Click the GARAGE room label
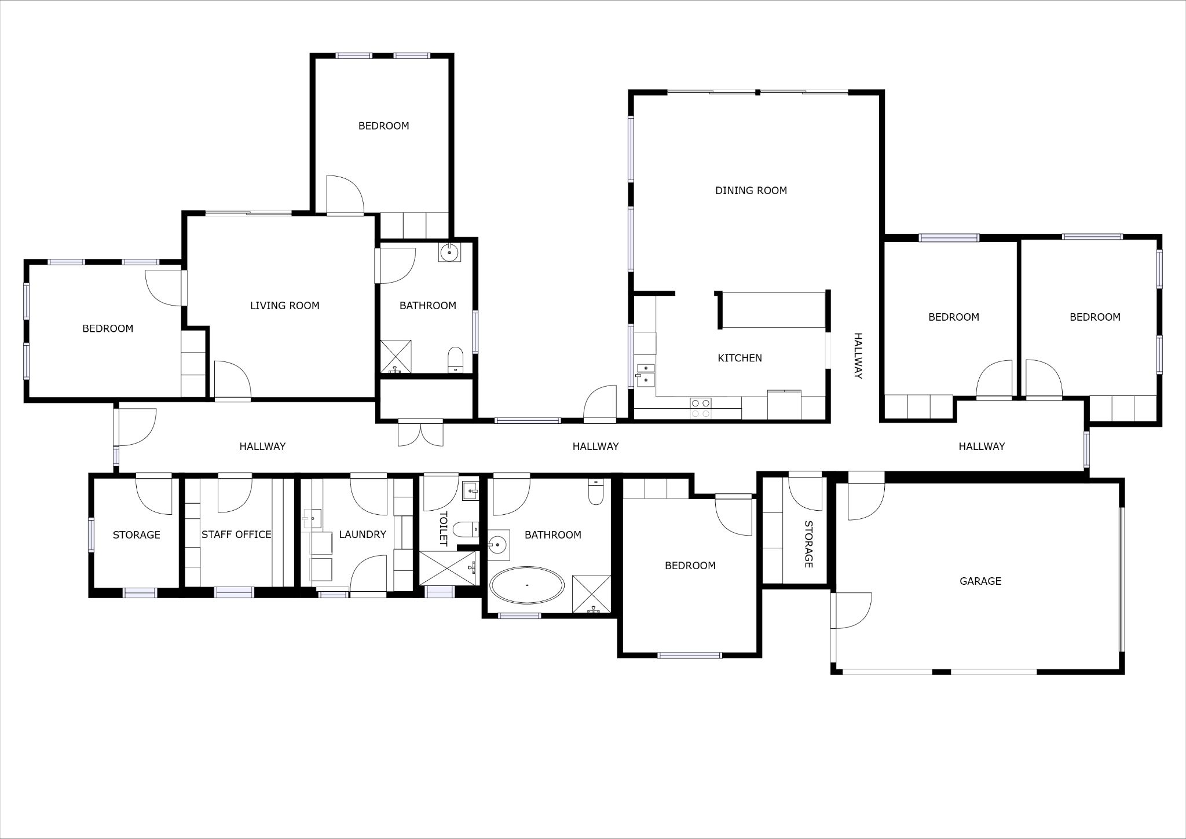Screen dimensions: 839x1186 tap(980, 581)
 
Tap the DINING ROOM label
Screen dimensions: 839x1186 tap(751, 190)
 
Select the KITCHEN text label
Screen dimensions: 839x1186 tap(740, 358)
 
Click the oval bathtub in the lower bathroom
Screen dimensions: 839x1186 tap(526, 585)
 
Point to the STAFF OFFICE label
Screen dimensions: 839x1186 tap(236, 534)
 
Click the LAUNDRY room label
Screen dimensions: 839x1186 tap(362, 534)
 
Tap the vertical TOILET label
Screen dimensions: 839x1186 tap(443, 528)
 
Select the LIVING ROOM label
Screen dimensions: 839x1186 tap(284, 305)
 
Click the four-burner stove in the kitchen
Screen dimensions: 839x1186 tap(701, 408)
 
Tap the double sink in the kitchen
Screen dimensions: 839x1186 tap(645, 375)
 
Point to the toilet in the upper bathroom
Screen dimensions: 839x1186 tap(456, 359)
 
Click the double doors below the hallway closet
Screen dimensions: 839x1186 tap(421, 433)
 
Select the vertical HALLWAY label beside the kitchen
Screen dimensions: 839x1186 tap(858, 356)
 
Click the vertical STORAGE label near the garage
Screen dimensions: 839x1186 tap(808, 544)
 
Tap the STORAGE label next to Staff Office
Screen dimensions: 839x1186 tap(136, 534)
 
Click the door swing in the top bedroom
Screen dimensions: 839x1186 tap(345, 195)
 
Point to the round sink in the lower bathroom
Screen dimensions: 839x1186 tap(497, 545)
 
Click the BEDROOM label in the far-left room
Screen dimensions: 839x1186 tap(108, 328)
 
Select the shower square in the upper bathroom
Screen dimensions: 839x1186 tap(396, 356)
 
